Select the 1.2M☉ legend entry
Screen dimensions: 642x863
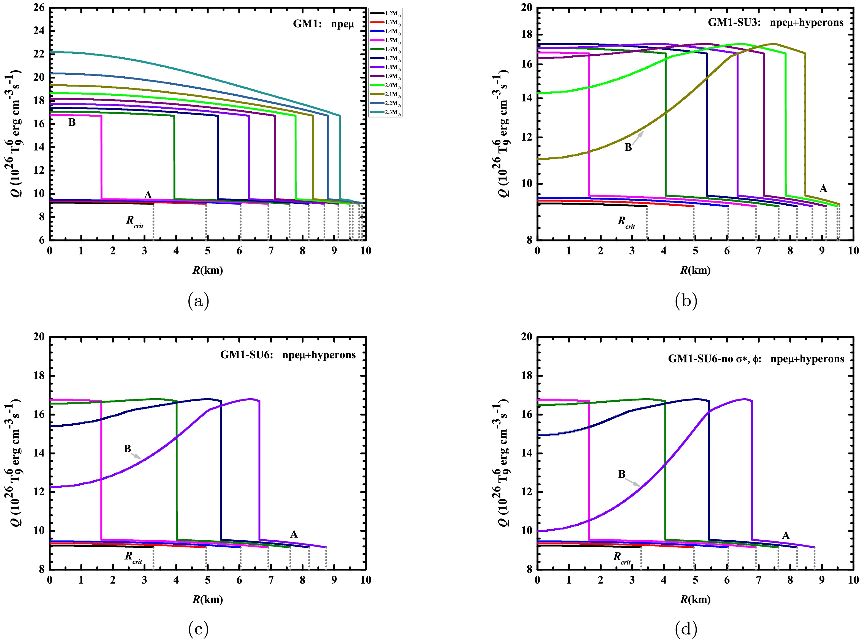coord(385,13)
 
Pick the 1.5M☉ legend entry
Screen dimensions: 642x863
coord(385,41)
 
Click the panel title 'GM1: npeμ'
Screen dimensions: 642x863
coord(324,24)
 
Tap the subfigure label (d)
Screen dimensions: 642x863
coord(686,629)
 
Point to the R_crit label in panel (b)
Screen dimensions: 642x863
coord(626,222)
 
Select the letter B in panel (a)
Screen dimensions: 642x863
coord(72,123)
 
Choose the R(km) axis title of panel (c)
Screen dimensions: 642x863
coord(208,599)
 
